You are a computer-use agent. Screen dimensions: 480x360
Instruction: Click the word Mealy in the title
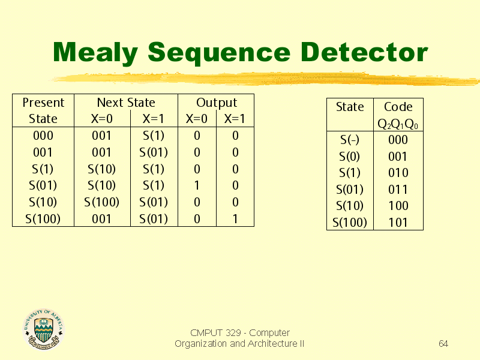click(95, 53)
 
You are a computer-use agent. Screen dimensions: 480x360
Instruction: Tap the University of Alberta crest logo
click(44, 329)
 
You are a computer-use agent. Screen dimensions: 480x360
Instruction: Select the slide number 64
click(443, 343)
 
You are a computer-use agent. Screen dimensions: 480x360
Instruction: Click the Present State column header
click(43, 110)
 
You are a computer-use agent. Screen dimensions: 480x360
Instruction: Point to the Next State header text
click(126, 103)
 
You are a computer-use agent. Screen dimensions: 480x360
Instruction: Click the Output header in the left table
click(217, 103)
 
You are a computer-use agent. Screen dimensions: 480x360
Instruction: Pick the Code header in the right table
click(398, 107)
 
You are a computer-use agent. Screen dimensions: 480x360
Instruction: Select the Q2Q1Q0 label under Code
click(398, 124)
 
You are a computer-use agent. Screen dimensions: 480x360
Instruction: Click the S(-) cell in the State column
click(350, 140)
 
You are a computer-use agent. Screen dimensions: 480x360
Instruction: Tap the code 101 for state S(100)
click(398, 223)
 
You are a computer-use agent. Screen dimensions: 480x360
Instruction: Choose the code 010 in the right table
click(398, 173)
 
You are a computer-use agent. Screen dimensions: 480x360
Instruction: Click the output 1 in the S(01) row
click(197, 185)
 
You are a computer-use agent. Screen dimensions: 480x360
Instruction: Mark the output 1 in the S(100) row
click(235, 219)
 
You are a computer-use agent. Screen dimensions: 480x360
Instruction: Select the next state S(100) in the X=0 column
click(101, 202)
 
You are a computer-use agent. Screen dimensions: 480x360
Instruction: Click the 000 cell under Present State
click(43, 136)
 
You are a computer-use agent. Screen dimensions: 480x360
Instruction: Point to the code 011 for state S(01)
click(398, 190)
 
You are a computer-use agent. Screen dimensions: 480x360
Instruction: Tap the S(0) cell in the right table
click(349, 157)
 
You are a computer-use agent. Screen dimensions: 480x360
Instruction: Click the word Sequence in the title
click(219, 53)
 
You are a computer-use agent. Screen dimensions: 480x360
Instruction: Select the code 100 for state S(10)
click(398, 206)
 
